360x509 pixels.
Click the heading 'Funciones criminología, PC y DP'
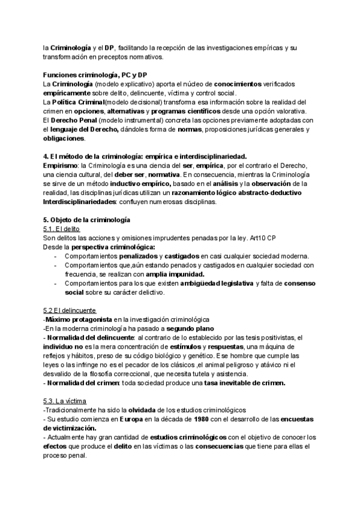95,74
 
